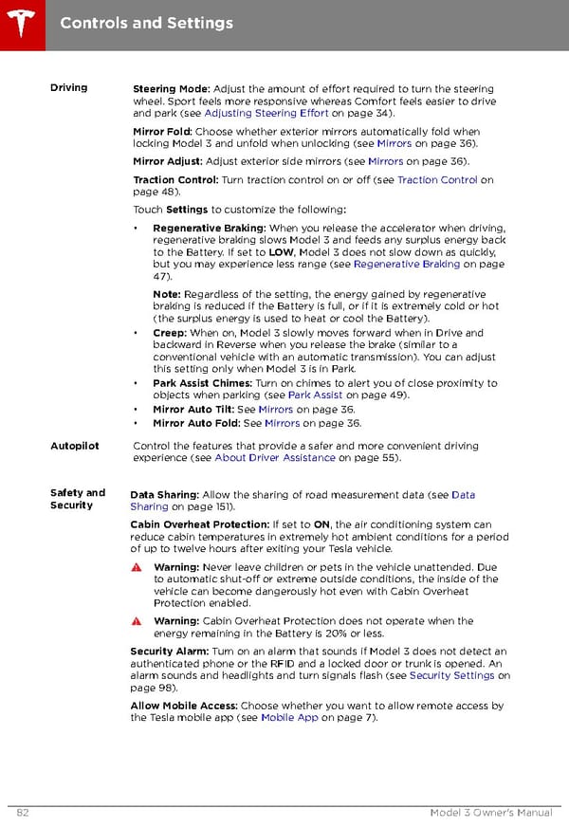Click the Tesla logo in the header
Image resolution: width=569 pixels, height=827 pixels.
coord(20,21)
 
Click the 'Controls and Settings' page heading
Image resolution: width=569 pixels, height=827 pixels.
coord(146,22)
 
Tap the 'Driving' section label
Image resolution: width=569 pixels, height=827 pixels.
coord(68,88)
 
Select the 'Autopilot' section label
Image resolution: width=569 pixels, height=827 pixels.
coord(74,446)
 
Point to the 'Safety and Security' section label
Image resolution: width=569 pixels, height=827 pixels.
coord(77,499)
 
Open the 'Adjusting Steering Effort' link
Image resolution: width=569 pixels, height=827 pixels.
coord(266,114)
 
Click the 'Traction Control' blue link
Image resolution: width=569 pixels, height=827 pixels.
coord(437,180)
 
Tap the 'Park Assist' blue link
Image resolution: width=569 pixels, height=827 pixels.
coord(315,395)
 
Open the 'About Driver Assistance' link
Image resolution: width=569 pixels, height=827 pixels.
coord(275,458)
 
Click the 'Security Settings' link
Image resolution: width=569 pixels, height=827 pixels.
coord(451,676)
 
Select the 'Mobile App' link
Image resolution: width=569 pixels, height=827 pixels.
coord(289,718)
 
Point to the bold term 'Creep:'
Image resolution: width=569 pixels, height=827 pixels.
coord(170,333)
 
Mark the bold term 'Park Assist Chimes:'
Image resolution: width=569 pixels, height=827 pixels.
coord(202,383)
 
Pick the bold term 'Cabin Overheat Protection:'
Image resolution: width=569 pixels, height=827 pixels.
coord(199,524)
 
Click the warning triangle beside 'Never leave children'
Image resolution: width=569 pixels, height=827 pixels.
coord(137,568)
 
